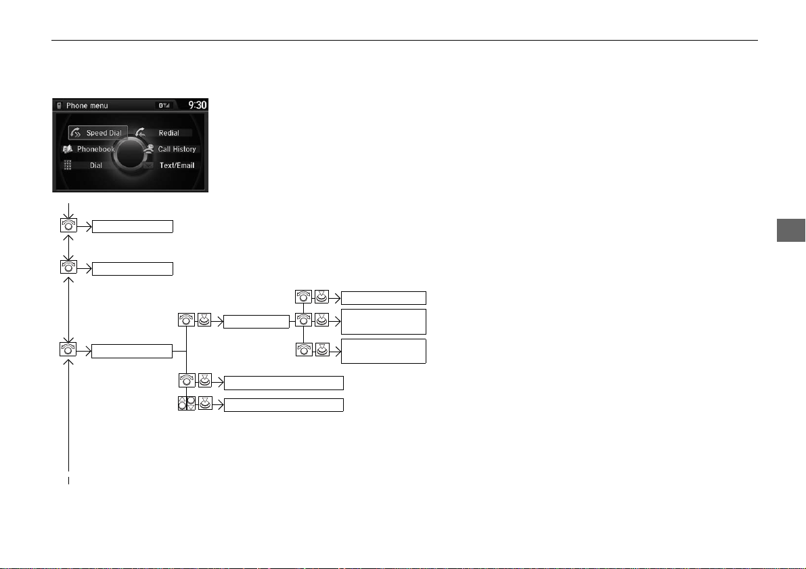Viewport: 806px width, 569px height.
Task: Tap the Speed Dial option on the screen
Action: coord(97,133)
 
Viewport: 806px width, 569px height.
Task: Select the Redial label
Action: coord(169,133)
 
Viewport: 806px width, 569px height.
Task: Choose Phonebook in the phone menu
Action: coord(95,149)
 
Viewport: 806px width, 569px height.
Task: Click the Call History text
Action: coord(177,149)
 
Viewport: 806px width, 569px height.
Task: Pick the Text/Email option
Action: coord(177,165)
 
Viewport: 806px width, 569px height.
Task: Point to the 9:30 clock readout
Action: coord(198,105)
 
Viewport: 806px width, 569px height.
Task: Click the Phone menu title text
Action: coord(87,106)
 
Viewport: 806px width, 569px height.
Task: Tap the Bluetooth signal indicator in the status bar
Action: coord(164,105)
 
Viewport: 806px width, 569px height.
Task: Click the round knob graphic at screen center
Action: coord(131,153)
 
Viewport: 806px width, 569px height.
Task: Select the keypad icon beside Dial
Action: coord(68,165)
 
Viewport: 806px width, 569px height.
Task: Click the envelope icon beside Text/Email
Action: coord(149,166)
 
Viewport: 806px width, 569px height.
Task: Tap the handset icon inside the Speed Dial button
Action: coord(76,133)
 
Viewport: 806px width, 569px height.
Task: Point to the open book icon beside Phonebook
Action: coord(68,149)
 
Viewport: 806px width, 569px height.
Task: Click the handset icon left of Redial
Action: coord(140,133)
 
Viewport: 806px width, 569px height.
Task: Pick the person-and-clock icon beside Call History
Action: coord(149,148)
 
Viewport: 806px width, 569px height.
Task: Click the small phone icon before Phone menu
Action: coord(59,106)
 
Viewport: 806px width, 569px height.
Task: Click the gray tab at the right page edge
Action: coord(791,230)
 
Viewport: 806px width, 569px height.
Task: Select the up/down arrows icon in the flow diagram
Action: coord(187,403)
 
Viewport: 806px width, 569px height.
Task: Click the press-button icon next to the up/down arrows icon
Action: coord(205,403)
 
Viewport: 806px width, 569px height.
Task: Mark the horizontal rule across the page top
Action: coord(405,40)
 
